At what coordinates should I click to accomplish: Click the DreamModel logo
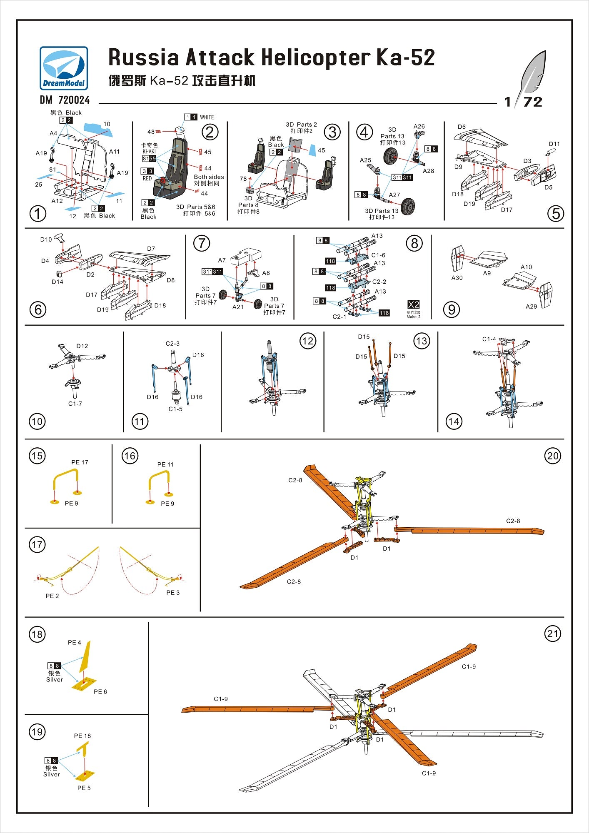click(64, 68)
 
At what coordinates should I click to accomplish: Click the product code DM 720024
click(65, 100)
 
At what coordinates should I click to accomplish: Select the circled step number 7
click(202, 243)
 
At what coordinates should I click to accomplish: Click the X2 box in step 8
click(413, 304)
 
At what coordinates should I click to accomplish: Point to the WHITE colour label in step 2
click(207, 117)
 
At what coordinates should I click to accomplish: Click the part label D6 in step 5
click(462, 127)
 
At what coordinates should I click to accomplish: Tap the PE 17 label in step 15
click(80, 462)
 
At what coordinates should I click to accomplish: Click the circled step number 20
click(552, 456)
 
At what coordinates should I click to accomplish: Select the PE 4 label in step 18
click(75, 643)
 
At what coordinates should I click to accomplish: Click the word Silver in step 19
click(52, 774)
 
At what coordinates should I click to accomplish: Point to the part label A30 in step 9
click(457, 278)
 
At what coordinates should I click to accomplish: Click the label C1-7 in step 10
click(75, 404)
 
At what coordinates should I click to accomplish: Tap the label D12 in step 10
click(82, 346)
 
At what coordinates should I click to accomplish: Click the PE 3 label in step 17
click(173, 592)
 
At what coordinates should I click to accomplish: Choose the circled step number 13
click(422, 341)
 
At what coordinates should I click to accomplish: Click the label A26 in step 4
click(419, 127)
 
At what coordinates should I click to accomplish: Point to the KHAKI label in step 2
click(149, 152)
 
